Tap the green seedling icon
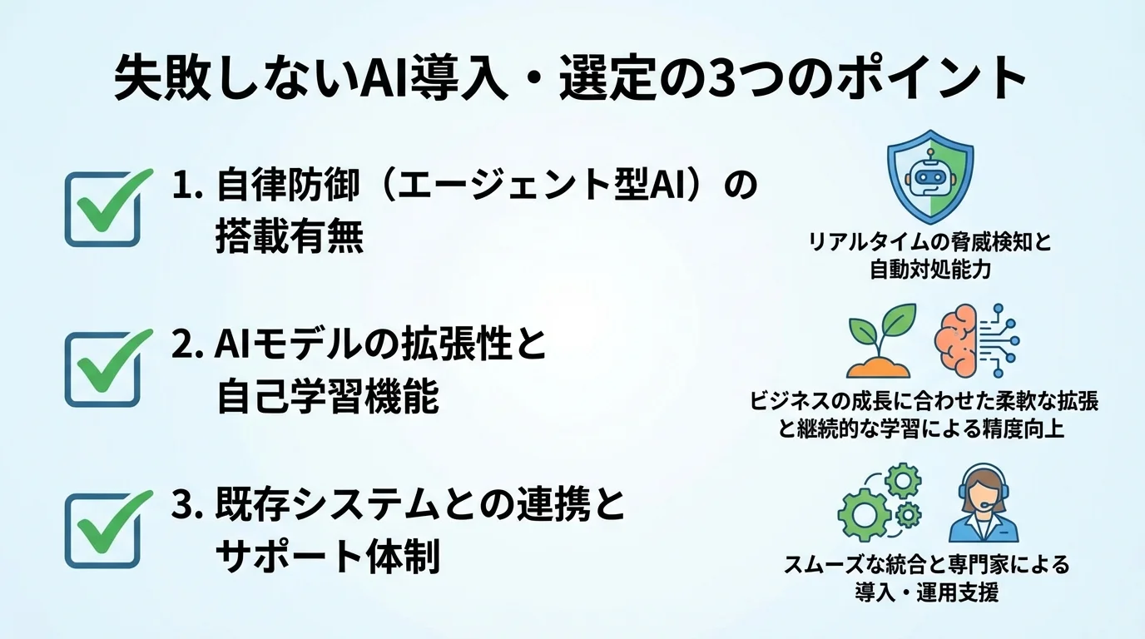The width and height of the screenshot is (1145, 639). [x=880, y=341]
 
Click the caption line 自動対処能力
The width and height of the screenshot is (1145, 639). [x=930, y=270]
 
